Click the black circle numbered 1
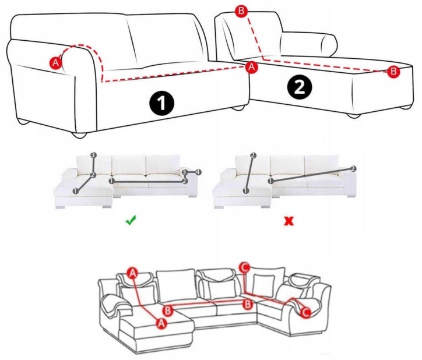162,104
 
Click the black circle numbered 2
300,87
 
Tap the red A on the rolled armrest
56,63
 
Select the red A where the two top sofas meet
251,67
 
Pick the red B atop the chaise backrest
241,11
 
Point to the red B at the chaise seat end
393,72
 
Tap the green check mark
131,220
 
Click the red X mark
289,221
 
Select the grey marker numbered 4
198,172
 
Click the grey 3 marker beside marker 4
184,172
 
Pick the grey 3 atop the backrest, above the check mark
93,156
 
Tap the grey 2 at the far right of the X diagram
353,169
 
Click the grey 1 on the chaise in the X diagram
245,190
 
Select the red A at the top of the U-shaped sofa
132,273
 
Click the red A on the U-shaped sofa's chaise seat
161,323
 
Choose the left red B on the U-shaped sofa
168,310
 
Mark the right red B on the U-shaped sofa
247,305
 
